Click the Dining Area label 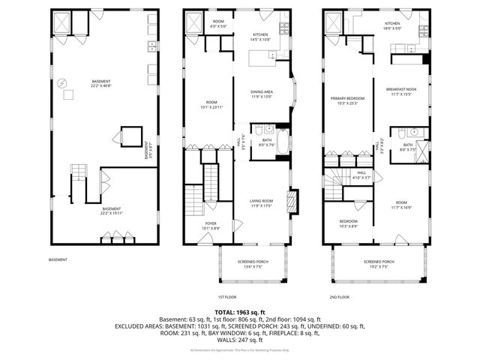[x=261, y=94]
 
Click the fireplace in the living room [x=293, y=202]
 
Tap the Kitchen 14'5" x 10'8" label [x=260, y=37]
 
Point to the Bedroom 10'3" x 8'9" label [x=347, y=223]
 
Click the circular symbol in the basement [x=62, y=82]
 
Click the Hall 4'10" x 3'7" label [x=361, y=175]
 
